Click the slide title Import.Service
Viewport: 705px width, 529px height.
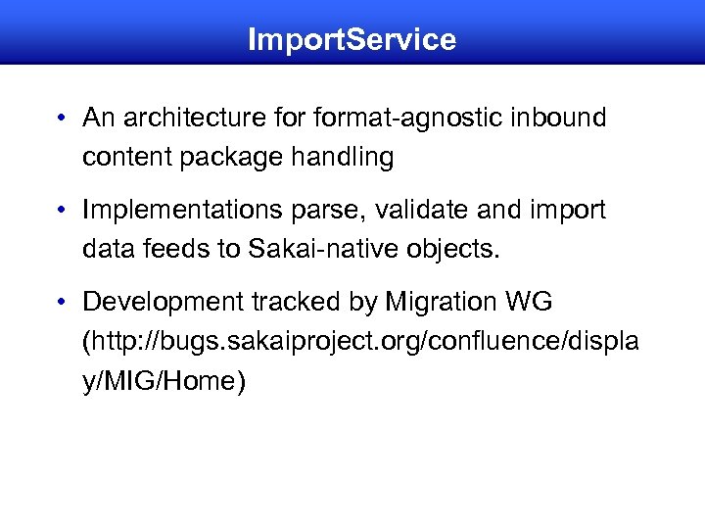(352, 39)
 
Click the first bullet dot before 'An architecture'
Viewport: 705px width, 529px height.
(61, 120)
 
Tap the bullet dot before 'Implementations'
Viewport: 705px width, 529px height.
(61, 211)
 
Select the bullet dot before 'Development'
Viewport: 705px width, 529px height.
(61, 303)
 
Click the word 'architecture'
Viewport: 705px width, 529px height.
(180, 120)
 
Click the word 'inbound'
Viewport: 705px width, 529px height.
(557, 119)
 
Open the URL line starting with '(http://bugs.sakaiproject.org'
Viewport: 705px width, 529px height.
(361, 341)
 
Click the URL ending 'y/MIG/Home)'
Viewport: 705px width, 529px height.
(164, 380)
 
